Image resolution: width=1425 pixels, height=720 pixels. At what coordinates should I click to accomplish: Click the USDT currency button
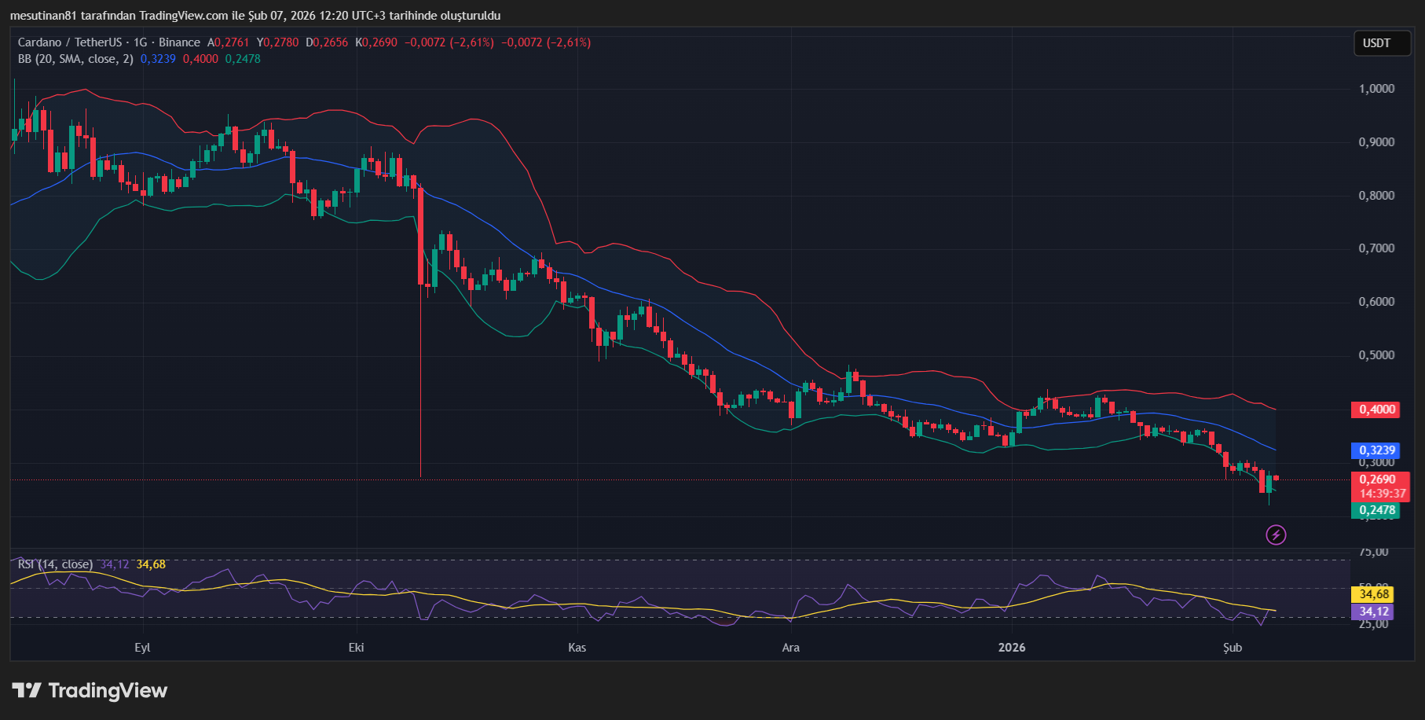click(1376, 43)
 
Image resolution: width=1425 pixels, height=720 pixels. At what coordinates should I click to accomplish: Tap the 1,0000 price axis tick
click(1376, 89)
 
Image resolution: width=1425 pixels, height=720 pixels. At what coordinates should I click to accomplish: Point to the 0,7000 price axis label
click(1376, 248)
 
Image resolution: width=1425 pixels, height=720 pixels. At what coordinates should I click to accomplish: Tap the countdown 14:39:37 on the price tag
click(1382, 494)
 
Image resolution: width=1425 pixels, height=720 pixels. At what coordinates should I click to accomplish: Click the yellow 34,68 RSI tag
click(1374, 594)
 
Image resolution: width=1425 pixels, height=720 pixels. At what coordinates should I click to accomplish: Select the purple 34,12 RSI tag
click(1374, 612)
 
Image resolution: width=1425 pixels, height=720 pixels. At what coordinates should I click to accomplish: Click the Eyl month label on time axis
click(142, 648)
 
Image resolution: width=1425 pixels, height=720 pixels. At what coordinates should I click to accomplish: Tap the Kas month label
click(577, 648)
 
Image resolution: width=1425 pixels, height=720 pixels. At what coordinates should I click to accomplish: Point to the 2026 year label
click(1011, 648)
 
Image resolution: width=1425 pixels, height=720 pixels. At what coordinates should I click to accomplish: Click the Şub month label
click(1233, 648)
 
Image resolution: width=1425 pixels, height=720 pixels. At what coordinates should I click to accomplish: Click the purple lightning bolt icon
click(1276, 535)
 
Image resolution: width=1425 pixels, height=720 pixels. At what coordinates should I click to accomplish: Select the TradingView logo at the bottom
click(90, 691)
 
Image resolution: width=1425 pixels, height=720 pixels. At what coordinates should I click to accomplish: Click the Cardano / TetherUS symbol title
click(70, 42)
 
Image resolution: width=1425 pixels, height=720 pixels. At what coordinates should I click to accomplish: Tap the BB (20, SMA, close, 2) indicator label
click(75, 59)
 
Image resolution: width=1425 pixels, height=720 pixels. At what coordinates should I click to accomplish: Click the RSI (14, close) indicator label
click(55, 564)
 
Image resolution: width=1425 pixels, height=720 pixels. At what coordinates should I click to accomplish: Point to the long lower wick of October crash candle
click(420, 393)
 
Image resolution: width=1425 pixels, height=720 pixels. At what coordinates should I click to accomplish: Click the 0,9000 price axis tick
click(1376, 142)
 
